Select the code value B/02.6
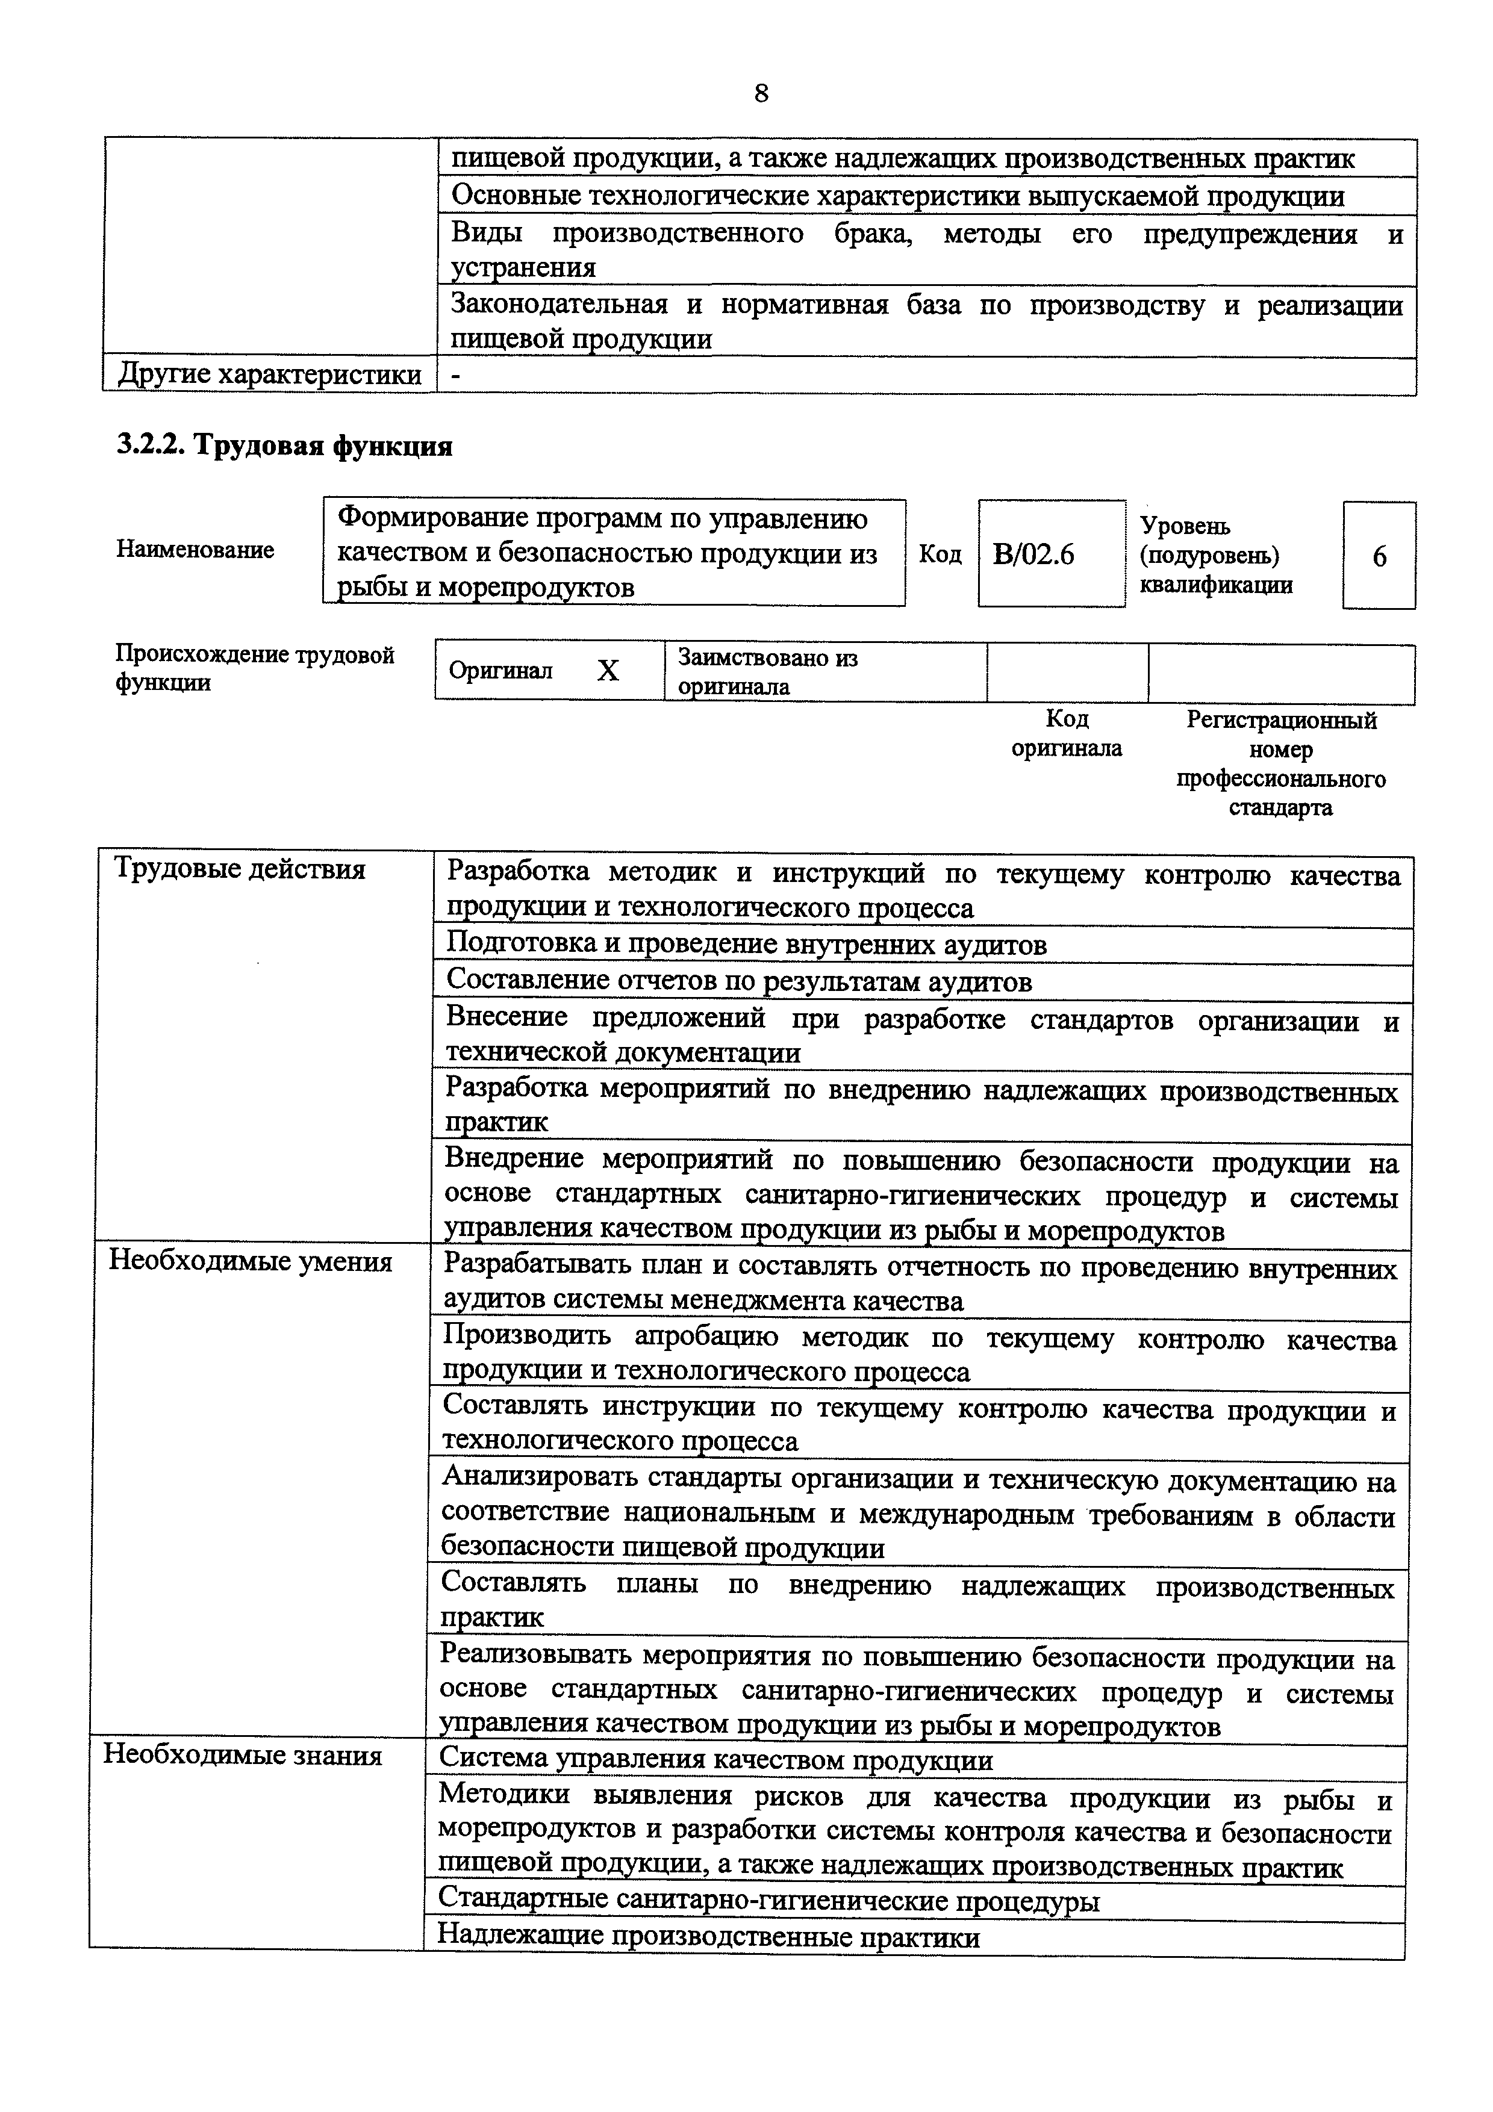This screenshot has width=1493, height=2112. [x=1034, y=556]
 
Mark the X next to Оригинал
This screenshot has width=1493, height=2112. [x=608, y=671]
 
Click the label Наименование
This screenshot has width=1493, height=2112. [x=195, y=550]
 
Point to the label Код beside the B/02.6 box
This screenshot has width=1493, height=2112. [x=940, y=554]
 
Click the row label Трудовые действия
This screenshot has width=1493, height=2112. [x=238, y=869]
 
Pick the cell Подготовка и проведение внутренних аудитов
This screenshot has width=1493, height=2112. [x=746, y=945]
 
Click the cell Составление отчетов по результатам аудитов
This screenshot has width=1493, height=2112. [x=739, y=981]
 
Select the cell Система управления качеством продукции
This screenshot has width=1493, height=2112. [x=715, y=1760]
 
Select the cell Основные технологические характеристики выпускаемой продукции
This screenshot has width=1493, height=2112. [x=898, y=196]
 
